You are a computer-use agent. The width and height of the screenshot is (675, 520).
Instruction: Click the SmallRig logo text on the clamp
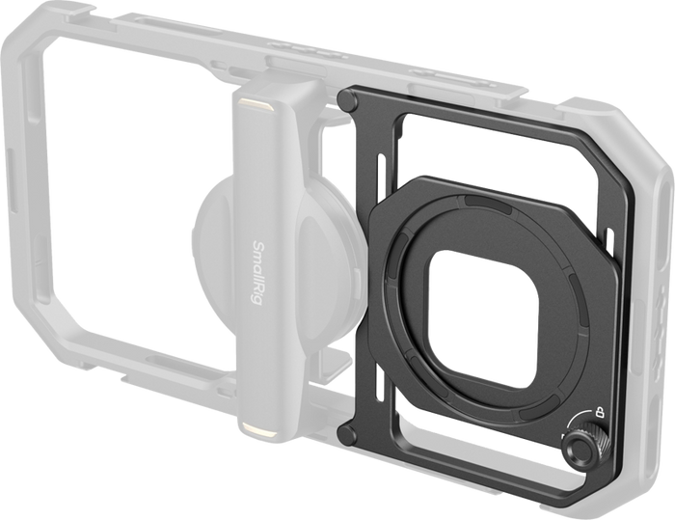[256, 273]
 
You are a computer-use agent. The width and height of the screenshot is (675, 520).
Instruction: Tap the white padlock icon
[599, 412]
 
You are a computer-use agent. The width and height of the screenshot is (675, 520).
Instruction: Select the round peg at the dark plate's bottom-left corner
[347, 435]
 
